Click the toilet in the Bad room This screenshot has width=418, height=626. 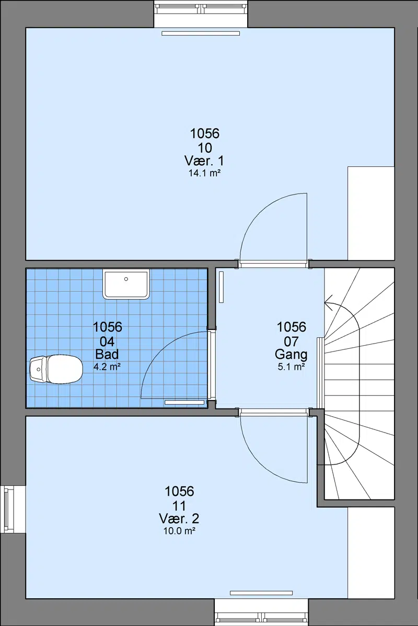(56, 369)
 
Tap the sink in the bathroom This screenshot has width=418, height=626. (126, 284)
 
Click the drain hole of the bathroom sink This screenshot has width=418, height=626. (126, 279)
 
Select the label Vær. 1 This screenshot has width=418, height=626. (204, 161)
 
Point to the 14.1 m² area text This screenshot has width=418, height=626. (205, 173)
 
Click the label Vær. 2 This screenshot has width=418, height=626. (179, 519)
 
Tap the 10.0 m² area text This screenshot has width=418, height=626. (179, 531)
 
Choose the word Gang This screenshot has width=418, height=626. (291, 355)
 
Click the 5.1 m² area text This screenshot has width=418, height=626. (292, 367)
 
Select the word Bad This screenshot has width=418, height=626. (107, 354)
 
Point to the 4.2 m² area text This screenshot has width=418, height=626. (107, 367)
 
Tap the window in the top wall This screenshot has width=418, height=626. (201, 7)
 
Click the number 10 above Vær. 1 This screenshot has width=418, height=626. (205, 148)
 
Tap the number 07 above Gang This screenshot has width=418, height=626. (292, 342)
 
